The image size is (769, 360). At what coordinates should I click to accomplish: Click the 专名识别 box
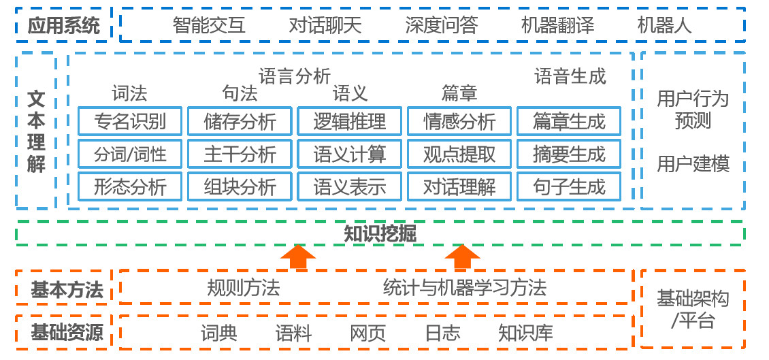click(x=130, y=121)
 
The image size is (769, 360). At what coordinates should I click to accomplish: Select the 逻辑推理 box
click(x=350, y=121)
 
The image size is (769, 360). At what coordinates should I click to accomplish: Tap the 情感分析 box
click(x=459, y=121)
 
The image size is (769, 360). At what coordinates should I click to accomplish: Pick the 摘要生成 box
click(x=569, y=154)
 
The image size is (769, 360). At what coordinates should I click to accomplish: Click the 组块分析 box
click(x=240, y=186)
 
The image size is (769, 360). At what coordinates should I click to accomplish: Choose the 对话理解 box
click(x=459, y=186)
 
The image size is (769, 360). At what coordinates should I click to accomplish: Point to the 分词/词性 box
click(x=130, y=154)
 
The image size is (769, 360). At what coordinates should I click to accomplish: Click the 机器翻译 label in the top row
click(x=557, y=26)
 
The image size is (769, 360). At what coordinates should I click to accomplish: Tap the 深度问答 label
click(x=441, y=26)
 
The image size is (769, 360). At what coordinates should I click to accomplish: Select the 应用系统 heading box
click(x=63, y=26)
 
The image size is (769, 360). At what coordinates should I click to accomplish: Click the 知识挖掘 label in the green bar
click(x=380, y=233)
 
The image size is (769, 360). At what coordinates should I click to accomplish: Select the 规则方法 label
click(x=243, y=288)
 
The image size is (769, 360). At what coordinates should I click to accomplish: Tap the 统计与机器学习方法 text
click(x=464, y=288)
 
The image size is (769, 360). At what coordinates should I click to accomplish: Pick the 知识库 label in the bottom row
click(x=525, y=333)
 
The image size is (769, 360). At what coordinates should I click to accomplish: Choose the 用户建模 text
click(x=693, y=164)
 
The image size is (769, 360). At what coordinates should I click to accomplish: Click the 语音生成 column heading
click(x=570, y=76)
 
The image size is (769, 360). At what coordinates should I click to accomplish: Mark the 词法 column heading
click(x=129, y=93)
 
